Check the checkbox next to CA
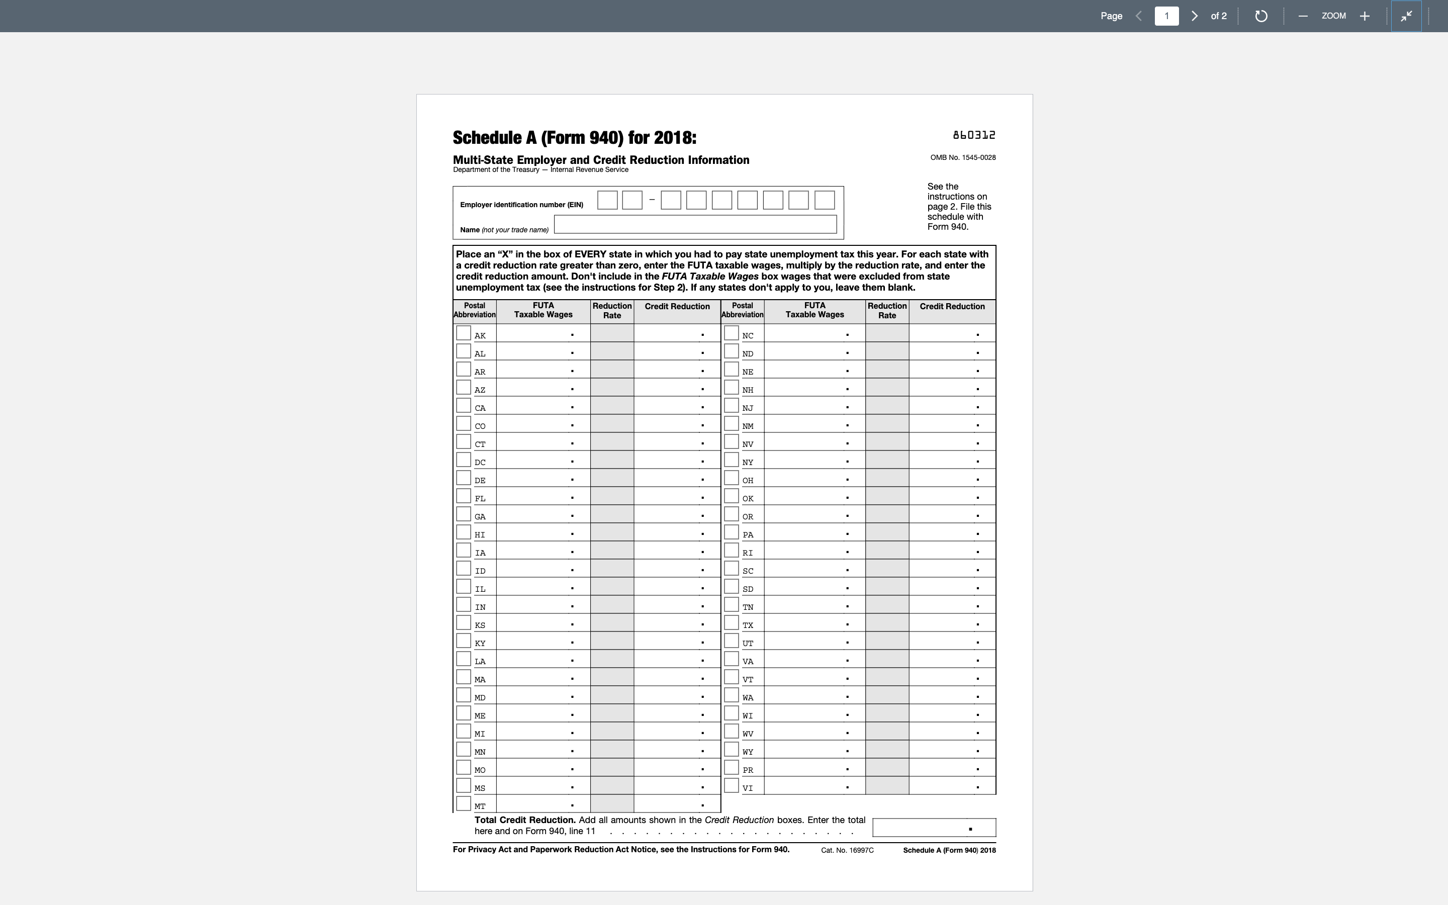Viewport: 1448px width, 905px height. [x=463, y=405]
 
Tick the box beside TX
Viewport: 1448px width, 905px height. [x=731, y=622]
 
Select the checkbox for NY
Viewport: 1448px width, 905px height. [x=731, y=460]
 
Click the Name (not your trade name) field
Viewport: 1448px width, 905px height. [x=695, y=224]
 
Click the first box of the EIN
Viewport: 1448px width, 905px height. [x=607, y=200]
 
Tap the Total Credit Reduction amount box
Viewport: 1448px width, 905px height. [x=934, y=828]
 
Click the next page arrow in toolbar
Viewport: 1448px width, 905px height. [x=1194, y=16]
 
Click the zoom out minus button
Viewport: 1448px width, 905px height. [x=1303, y=16]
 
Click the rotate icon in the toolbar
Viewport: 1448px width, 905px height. [x=1261, y=16]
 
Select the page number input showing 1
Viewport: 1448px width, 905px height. [x=1166, y=16]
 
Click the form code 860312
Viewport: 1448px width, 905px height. [x=973, y=135]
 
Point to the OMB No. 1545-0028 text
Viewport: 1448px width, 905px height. [x=962, y=157]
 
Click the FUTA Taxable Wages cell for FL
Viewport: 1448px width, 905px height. [x=542, y=496]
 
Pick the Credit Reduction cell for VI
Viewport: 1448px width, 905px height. [x=951, y=786]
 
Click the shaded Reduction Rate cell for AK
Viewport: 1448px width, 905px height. [x=611, y=333]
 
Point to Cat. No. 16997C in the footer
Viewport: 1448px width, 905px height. [x=847, y=850]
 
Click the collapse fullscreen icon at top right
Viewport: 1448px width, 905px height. [x=1406, y=16]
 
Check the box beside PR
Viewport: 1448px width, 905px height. [x=731, y=767]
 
